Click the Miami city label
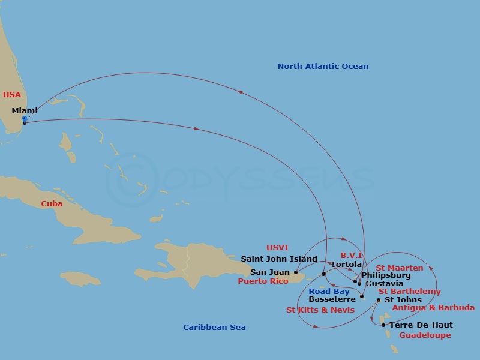click(25, 110)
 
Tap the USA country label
click(12, 95)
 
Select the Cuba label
click(52, 204)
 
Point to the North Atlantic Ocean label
click(323, 67)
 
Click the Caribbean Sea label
click(214, 328)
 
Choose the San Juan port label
click(270, 272)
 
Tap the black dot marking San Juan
click(296, 272)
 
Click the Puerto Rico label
click(263, 281)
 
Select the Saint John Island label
click(279, 259)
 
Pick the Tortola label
click(346, 265)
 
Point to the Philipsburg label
click(386, 275)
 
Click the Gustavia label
click(384, 284)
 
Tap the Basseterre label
click(332, 299)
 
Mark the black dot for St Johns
click(378, 300)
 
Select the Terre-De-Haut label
click(421, 325)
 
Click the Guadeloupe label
click(425, 335)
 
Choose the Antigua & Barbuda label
click(433, 308)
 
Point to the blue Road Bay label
click(329, 292)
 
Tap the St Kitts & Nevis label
click(320, 310)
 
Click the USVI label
click(277, 248)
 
